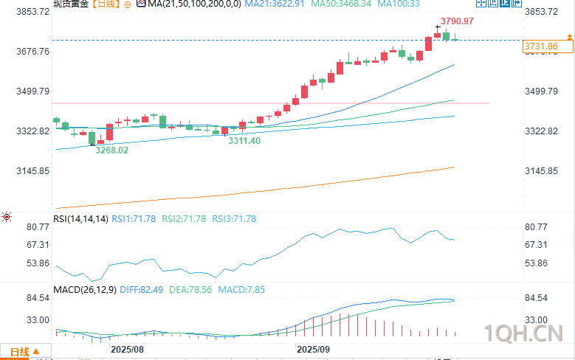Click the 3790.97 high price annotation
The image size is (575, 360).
[458, 21]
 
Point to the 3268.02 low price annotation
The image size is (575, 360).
[112, 150]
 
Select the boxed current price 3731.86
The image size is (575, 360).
[540, 46]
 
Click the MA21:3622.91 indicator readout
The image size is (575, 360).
[269, 4]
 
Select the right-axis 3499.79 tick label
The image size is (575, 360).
[540, 91]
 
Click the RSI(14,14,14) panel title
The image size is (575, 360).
[80, 219]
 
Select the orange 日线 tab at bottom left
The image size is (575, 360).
[19, 352]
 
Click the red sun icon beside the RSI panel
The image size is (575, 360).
[7, 217]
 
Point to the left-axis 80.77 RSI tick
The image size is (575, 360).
[37, 227]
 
